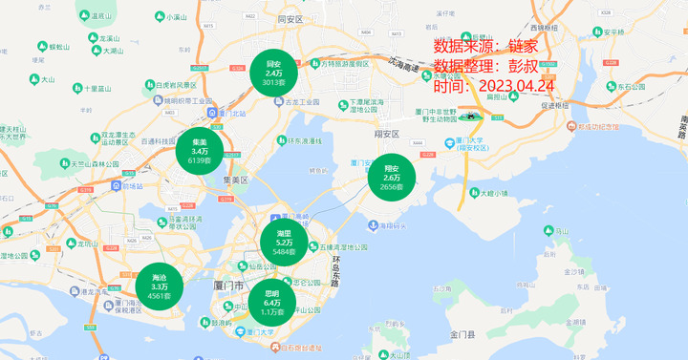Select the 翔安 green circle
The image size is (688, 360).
click(x=392, y=177)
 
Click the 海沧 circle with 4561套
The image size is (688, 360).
click(x=159, y=286)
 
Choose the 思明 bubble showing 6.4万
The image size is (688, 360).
click(x=271, y=302)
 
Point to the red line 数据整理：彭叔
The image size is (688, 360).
click(x=492, y=66)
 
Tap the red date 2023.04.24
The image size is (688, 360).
click(x=494, y=86)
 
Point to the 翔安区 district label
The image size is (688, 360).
click(x=386, y=134)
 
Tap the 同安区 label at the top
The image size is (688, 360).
click(x=289, y=19)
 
